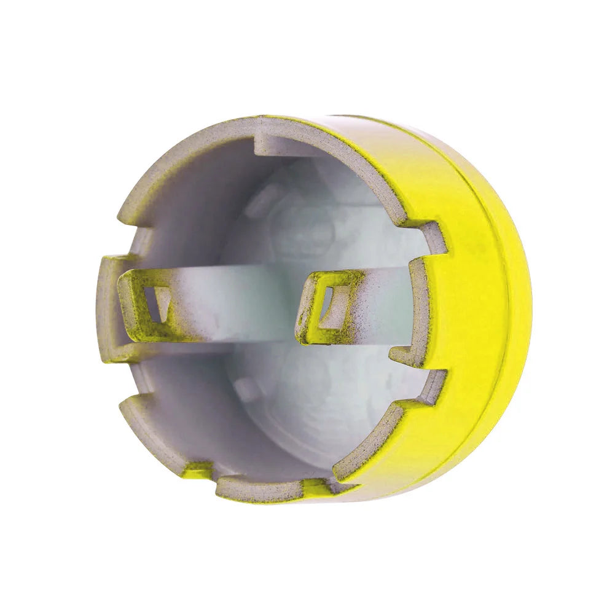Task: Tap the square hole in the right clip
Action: [x=326, y=302]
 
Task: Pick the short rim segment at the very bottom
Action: [x=258, y=488]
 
